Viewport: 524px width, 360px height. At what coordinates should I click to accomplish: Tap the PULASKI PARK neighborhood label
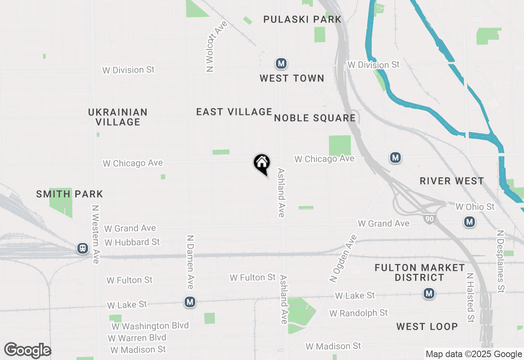click(x=302, y=19)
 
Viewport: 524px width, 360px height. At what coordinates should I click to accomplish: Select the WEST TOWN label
click(x=292, y=78)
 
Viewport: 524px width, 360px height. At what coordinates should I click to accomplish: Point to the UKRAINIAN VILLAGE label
click(x=118, y=117)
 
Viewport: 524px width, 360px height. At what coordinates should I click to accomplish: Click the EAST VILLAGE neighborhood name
click(x=234, y=112)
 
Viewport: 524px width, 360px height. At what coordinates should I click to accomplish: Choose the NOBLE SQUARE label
click(x=315, y=118)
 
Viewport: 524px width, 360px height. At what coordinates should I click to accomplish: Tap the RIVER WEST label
click(x=452, y=181)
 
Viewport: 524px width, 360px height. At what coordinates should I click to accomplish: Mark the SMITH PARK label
click(x=70, y=194)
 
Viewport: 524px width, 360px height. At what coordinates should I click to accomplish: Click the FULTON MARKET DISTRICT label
click(x=420, y=272)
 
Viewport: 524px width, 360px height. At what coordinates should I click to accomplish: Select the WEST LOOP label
click(x=427, y=326)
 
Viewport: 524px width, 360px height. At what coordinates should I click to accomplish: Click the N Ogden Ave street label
click(x=343, y=259)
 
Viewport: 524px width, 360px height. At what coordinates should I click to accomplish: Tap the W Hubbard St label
click(x=132, y=242)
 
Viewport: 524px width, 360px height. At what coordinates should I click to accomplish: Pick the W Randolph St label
click(x=359, y=313)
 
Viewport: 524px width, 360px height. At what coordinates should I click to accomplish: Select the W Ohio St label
click(x=475, y=207)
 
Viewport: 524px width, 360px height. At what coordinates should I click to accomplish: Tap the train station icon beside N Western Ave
click(x=83, y=248)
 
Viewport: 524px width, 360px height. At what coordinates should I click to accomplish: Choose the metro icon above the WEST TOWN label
click(x=281, y=63)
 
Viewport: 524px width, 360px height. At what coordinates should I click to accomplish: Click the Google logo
click(x=27, y=350)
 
